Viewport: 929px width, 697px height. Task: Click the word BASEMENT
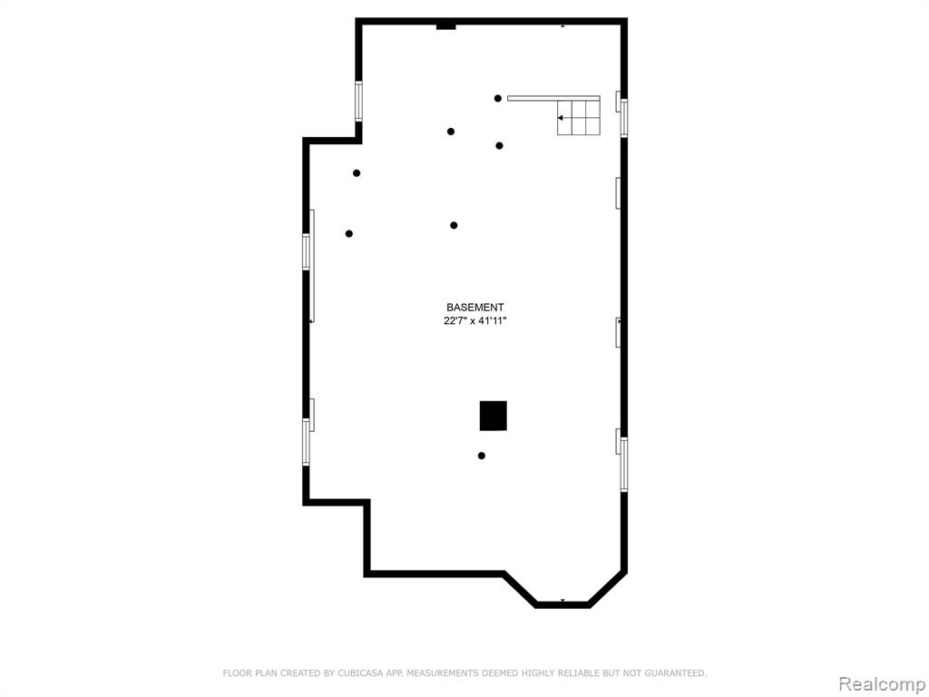coord(475,307)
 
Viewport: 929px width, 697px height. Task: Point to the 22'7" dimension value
coord(455,321)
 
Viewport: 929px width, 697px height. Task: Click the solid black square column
coord(493,416)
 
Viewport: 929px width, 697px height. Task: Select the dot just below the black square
coord(482,456)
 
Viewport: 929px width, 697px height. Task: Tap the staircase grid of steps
coord(579,117)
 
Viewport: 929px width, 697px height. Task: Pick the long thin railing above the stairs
coord(553,98)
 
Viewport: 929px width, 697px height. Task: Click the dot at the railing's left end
coord(498,98)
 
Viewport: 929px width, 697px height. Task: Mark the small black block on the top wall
coord(445,25)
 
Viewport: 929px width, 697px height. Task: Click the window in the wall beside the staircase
coord(623,119)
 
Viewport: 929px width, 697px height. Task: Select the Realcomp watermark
coord(881,684)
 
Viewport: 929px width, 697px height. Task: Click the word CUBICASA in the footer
coord(357,672)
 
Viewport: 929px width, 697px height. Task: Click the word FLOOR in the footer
coord(236,672)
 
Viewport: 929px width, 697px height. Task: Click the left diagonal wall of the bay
coord(520,589)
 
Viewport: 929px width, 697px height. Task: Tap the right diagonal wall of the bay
coord(608,589)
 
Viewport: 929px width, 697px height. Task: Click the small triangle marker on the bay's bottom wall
coord(562,601)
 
